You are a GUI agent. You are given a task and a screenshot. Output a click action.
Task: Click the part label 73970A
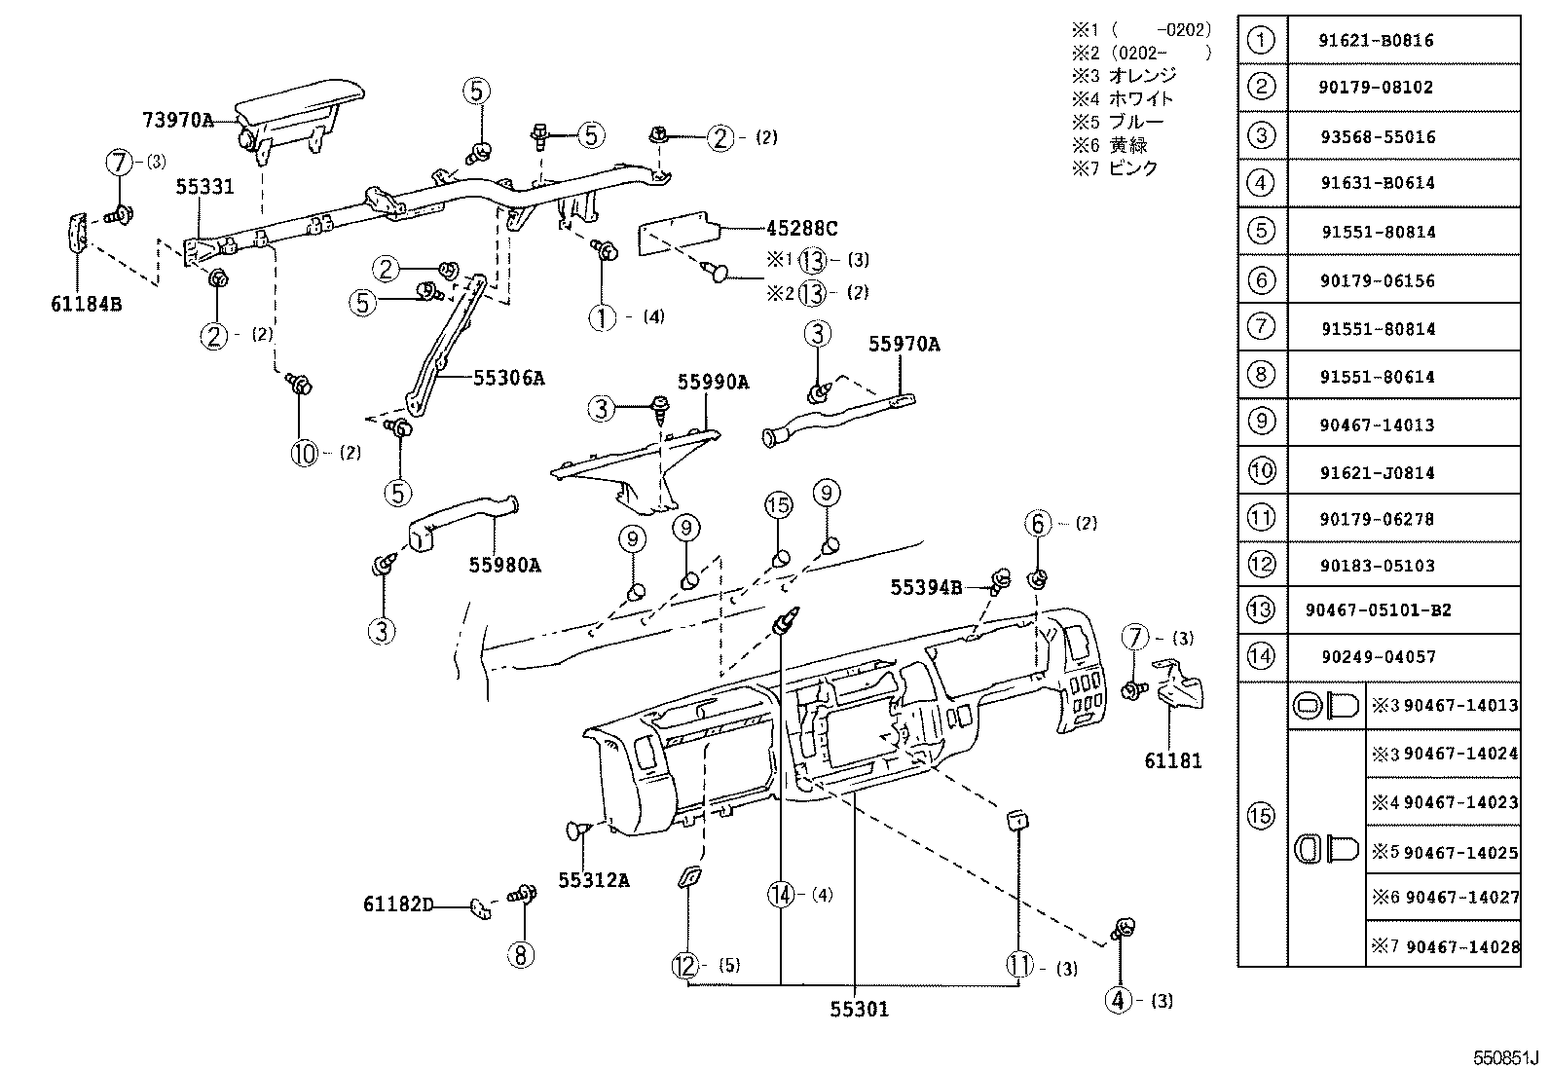click(177, 120)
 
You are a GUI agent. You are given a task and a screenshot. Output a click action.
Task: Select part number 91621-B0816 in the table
click(1377, 41)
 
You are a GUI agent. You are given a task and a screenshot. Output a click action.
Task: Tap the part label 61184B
click(87, 304)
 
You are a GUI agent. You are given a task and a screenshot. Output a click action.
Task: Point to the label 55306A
click(508, 379)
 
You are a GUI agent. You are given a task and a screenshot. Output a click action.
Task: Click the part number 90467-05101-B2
click(1378, 610)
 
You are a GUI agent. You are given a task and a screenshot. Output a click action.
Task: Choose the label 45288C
click(801, 229)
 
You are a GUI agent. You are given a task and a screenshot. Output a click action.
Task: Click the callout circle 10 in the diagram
click(305, 453)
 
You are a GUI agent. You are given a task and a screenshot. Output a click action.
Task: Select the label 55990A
click(713, 383)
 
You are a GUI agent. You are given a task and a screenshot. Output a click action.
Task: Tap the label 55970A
click(904, 345)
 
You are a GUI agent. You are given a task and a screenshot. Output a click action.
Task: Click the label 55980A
click(504, 564)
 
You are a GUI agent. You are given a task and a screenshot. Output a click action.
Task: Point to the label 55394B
click(926, 587)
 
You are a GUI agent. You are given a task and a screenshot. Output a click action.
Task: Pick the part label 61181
click(1173, 760)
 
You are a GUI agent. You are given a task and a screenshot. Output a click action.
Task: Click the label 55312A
click(594, 880)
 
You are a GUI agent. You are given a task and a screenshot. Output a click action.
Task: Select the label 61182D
click(398, 904)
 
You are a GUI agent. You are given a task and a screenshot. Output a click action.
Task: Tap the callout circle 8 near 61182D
click(521, 955)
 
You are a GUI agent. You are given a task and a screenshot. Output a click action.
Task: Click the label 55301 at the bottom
click(859, 1010)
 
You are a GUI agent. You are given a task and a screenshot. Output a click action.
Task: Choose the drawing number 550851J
click(1504, 1057)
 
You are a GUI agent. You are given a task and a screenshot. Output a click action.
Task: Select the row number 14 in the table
click(1261, 656)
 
